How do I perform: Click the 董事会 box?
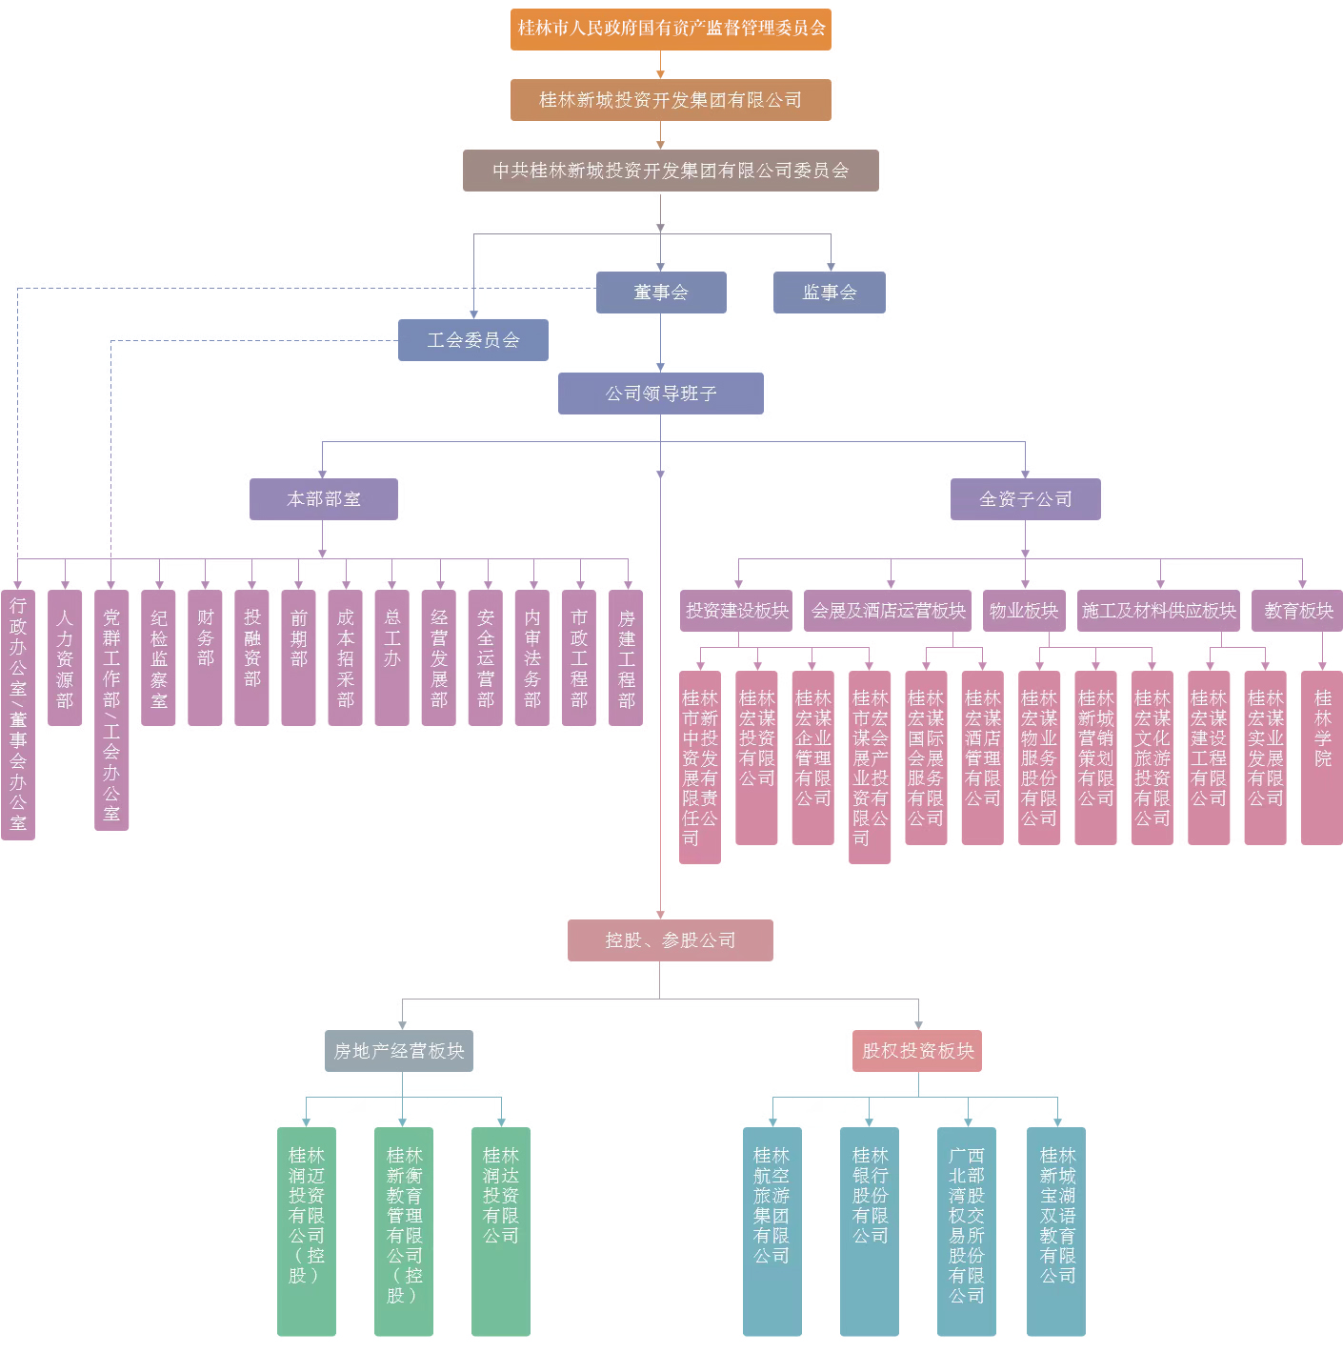click(x=661, y=293)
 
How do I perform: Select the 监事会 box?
click(x=829, y=293)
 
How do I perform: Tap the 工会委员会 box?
click(x=473, y=340)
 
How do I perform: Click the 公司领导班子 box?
click(x=661, y=394)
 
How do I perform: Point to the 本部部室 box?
click(x=324, y=499)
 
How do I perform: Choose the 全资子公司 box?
click(x=1025, y=499)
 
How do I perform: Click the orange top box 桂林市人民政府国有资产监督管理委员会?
click(x=671, y=29)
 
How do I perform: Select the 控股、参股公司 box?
click(x=670, y=940)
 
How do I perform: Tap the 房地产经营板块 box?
click(x=398, y=1051)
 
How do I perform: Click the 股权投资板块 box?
click(x=917, y=1051)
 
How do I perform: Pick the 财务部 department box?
click(x=205, y=657)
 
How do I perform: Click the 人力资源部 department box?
click(x=65, y=657)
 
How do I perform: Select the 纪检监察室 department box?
click(x=158, y=657)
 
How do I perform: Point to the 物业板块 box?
click(x=1023, y=611)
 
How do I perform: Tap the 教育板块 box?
click(x=1297, y=611)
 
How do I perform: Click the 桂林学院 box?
click(x=1322, y=757)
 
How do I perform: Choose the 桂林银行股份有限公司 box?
click(x=869, y=1231)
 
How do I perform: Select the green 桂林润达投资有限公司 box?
click(x=500, y=1231)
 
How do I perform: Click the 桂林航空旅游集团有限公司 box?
click(x=772, y=1231)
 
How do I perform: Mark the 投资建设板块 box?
click(x=736, y=611)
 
